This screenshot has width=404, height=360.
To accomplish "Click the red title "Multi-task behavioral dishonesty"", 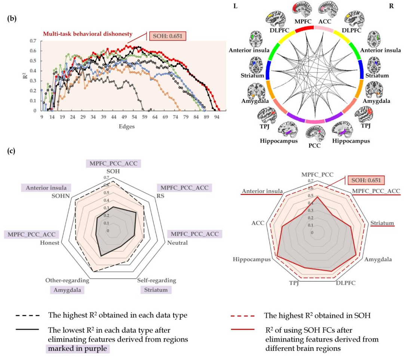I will pos(88,34).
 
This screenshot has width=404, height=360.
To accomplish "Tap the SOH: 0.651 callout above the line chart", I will pos(167,36).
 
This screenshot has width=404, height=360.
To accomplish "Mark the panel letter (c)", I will pos(12,151).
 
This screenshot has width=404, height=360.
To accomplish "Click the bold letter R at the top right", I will pos(391,6).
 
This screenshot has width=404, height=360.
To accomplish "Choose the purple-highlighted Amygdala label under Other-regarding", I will pos(67,290).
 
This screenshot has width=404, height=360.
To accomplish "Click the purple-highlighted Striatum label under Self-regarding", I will pos(156,290).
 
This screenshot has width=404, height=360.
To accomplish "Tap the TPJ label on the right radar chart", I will pos(294,282).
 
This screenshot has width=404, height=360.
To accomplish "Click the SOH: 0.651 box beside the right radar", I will pos(366,180).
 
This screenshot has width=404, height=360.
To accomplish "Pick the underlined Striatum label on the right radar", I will pos(382,223).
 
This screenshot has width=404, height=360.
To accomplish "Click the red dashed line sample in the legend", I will pos(244,316).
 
